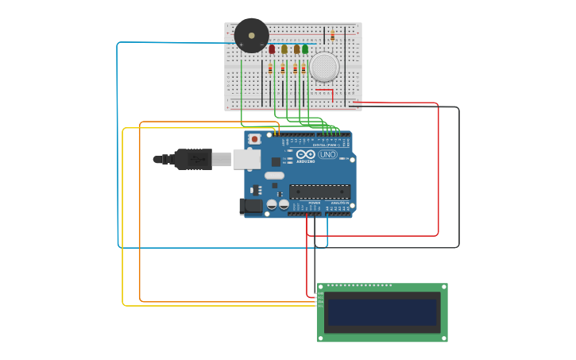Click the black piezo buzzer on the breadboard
pos(251,36)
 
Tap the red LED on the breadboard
pos(272,49)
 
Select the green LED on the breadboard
pos(305,49)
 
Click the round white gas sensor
pos(324,67)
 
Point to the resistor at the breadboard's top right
pos(332,36)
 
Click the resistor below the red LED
pos(270,69)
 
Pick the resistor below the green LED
pos(303,69)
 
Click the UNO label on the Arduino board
pos(327,154)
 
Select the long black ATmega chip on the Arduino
pos(319,192)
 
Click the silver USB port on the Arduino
pos(246,159)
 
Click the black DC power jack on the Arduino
pos(251,206)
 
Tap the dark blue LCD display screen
pos(382,312)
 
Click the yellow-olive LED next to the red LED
pos(284,49)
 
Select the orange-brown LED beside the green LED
pos(296,49)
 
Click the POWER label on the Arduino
pos(315,203)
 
